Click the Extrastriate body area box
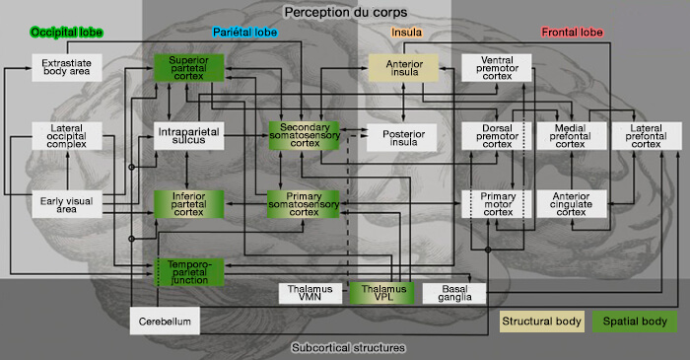[65, 68]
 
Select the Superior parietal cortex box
[189, 68]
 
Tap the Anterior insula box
[402, 68]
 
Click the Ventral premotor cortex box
[497, 68]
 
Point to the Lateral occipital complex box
[65, 136]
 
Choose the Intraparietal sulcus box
[189, 136]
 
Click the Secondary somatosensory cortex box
[303, 136]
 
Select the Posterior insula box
[402, 136]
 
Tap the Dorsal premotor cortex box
[497, 136]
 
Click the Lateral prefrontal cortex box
[646, 136]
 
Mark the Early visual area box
[65, 203]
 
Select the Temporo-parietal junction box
[189, 271]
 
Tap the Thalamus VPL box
[382, 293]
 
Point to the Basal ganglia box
[454, 293]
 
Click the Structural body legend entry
[541, 322]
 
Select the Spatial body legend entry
[635, 322]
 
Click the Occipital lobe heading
[67, 33]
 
